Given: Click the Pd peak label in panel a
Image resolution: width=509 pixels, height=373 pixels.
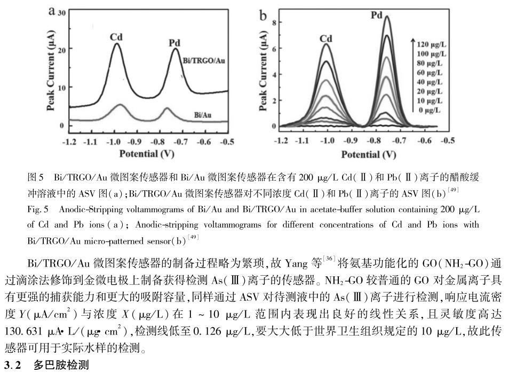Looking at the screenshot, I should pos(176,43).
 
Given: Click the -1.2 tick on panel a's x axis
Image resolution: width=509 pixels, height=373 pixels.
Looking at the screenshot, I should pos(69,142).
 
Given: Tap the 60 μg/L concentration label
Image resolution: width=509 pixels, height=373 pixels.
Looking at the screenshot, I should pos(430,73).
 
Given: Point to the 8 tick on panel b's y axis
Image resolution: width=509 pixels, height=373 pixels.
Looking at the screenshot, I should pos(273,22).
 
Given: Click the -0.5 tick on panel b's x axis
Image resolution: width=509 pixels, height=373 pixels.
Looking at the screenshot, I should pos(449,141).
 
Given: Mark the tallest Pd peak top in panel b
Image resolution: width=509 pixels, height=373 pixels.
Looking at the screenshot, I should pos(386,17).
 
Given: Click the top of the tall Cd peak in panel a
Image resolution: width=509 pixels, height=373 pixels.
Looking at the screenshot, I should pos(116,44).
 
